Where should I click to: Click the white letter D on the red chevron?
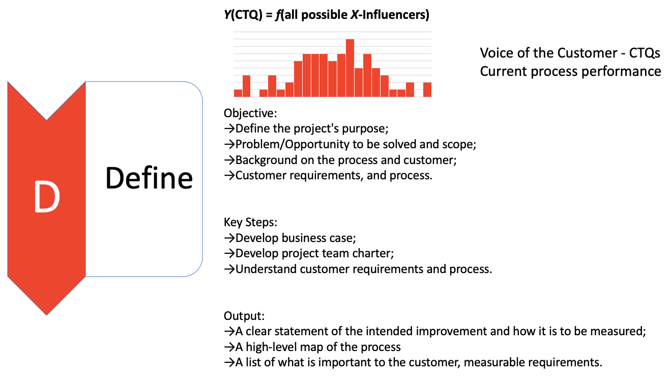click(47, 197)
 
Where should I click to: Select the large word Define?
click(149, 178)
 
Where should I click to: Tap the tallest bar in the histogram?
click(349, 68)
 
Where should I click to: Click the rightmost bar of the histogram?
click(427, 90)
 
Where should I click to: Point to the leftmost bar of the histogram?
click(238, 93)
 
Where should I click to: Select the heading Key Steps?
click(250, 222)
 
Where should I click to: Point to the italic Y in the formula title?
click(227, 15)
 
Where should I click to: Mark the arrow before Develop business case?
click(229, 238)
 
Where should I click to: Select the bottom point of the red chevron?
click(47, 314)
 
